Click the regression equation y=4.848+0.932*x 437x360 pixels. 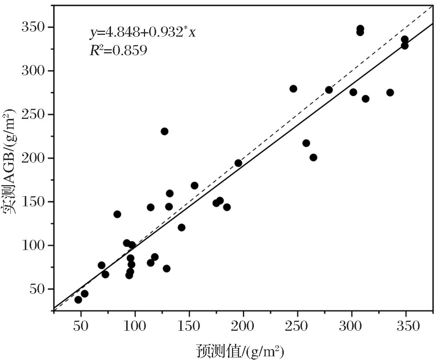click(142, 33)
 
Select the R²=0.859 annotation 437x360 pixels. click(118, 50)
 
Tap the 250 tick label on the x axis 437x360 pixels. click(298, 326)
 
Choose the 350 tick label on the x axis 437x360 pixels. click(406, 326)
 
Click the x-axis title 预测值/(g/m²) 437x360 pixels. click(240, 350)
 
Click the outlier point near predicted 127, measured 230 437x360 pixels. click(165, 131)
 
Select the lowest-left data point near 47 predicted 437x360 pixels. click(78, 300)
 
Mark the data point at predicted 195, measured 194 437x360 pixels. click(238, 163)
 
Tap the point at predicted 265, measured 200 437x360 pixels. click(313, 157)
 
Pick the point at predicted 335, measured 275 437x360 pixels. click(390, 93)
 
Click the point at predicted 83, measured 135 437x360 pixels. click(117, 214)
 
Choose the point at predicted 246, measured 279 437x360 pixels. click(293, 89)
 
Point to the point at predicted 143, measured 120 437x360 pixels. click(181, 227)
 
